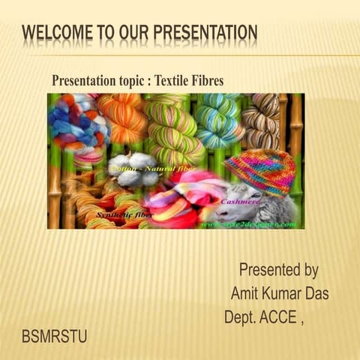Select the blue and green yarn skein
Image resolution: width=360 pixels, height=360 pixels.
point(217,120)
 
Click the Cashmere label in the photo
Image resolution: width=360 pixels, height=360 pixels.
point(240,201)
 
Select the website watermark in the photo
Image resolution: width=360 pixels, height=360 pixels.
point(255,223)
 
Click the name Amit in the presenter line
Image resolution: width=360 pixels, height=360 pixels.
point(246,293)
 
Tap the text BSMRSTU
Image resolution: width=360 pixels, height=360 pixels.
point(55,337)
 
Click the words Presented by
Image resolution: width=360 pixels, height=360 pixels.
point(279,269)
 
